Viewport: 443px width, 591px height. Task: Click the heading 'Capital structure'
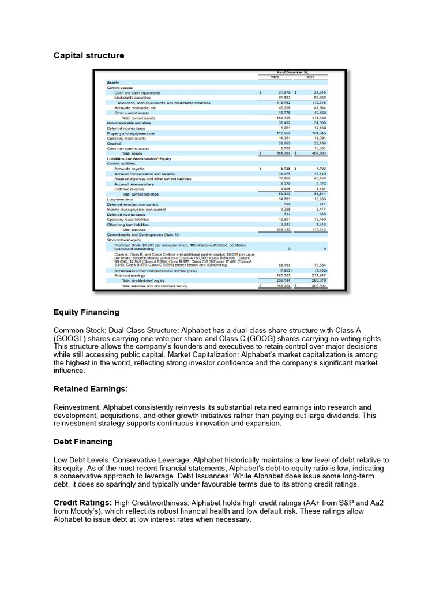[x=89, y=55]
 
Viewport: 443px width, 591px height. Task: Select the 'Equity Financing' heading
[x=87, y=312]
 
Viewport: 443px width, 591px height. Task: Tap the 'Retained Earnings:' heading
[x=91, y=390]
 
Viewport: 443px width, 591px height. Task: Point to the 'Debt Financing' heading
[x=83, y=442]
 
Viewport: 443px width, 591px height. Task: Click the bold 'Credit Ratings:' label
[x=82, y=495]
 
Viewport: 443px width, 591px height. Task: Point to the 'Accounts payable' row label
[x=130, y=169]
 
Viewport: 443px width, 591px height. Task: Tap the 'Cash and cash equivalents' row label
[x=137, y=92]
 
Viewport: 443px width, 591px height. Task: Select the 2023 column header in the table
[x=310, y=77]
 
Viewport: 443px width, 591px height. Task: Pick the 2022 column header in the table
[x=275, y=77]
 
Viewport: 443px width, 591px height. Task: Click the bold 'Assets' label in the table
[x=114, y=83]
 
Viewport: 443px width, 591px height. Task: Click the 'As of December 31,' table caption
[x=294, y=72]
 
